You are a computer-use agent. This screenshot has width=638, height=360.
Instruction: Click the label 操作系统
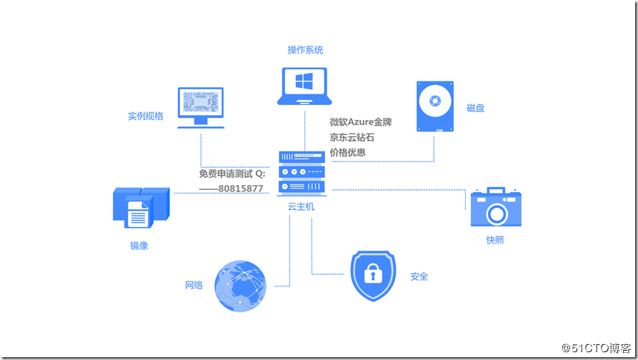(305, 50)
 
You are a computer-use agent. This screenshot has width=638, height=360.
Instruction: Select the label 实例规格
(146, 116)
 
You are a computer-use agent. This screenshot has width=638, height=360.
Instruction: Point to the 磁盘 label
(476, 108)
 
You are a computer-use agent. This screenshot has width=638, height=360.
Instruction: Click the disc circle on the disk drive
(435, 100)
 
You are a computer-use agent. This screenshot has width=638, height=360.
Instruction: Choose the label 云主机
(301, 206)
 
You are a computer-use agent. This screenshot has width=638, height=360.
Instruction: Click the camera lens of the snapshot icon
(496, 211)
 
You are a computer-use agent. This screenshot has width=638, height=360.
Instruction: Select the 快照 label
(494, 240)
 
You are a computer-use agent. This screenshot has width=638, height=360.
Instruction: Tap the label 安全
(419, 276)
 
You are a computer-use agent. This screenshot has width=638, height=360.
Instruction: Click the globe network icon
(241, 286)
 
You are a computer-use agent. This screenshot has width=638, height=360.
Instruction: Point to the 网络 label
(194, 285)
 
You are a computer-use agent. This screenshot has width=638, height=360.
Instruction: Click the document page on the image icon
(138, 214)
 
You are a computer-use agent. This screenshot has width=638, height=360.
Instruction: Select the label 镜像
(139, 246)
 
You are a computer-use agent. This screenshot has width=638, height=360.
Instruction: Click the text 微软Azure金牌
(360, 122)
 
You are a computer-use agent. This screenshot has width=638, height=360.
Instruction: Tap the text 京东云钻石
(352, 137)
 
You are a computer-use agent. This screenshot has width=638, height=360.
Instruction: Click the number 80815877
(241, 189)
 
